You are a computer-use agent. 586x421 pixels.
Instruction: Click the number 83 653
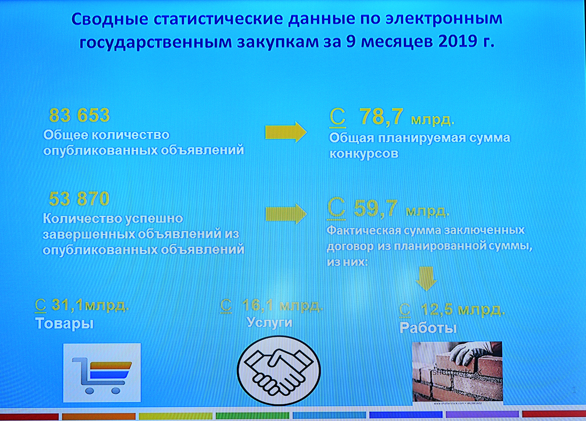(x=79, y=115)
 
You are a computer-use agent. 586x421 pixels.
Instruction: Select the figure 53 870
(x=79, y=199)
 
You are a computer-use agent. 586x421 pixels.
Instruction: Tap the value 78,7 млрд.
(x=407, y=117)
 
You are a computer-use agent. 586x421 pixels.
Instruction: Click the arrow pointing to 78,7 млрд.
(x=286, y=132)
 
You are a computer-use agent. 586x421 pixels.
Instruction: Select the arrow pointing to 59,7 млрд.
(x=286, y=214)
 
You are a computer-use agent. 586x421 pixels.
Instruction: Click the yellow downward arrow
(x=426, y=279)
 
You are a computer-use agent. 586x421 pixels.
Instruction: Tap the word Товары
(x=64, y=324)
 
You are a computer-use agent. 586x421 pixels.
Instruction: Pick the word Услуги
(x=270, y=322)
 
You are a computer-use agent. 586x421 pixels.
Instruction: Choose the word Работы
(x=428, y=328)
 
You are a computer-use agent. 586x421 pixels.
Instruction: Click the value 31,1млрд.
(x=90, y=305)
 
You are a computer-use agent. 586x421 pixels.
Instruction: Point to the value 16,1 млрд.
(x=282, y=305)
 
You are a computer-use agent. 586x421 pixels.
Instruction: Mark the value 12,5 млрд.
(x=463, y=310)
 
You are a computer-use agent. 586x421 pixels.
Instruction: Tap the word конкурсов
(x=364, y=154)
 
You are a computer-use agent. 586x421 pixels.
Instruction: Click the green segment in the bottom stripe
(x=252, y=416)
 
